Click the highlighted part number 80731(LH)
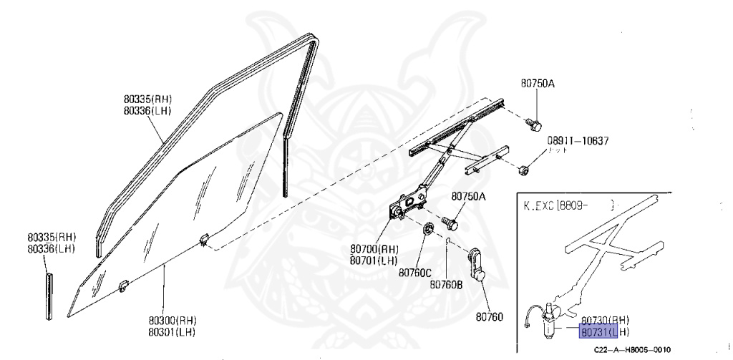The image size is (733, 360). click(x=604, y=332)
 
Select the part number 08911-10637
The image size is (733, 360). click(x=578, y=141)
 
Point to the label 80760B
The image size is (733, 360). click(x=446, y=284)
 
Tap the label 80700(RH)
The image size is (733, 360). click(x=374, y=249)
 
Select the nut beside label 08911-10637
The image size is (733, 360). click(x=524, y=170)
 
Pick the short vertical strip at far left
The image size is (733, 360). click(x=49, y=293)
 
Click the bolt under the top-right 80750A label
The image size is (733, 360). click(x=533, y=124)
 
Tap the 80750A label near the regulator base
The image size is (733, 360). click(x=468, y=196)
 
